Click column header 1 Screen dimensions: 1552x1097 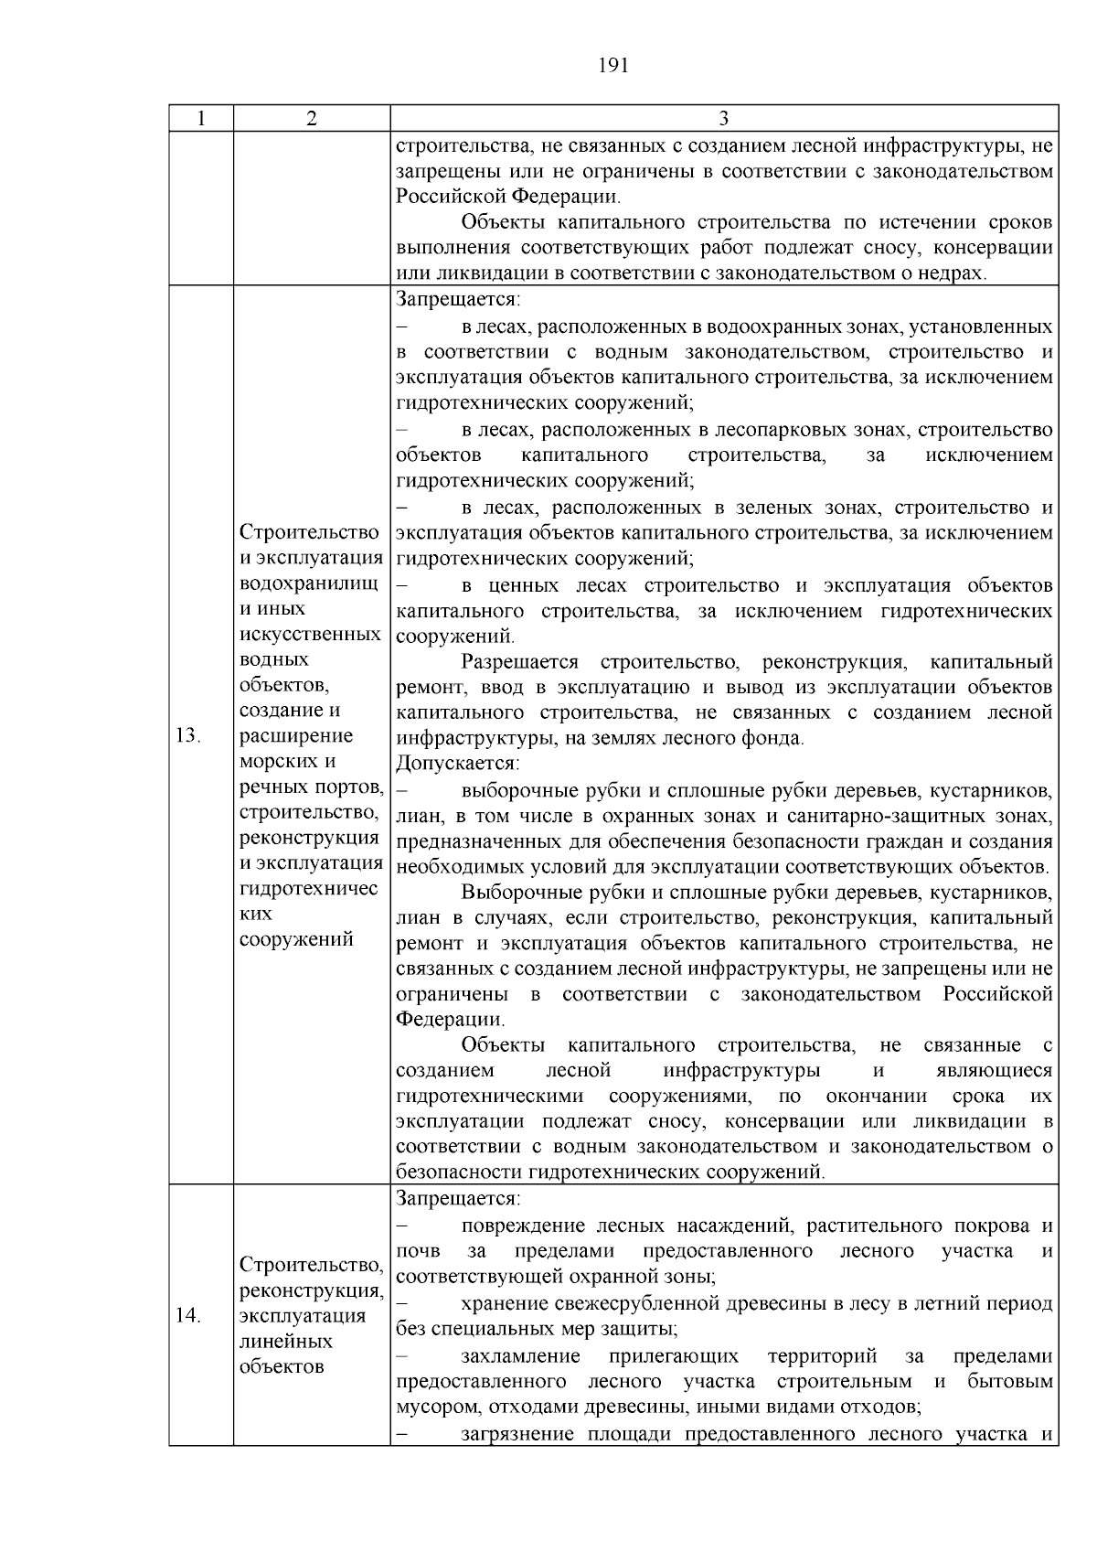click(x=201, y=119)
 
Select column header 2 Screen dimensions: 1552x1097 click(x=312, y=119)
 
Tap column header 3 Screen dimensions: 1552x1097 click(x=723, y=119)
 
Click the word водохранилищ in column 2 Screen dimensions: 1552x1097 click(x=309, y=583)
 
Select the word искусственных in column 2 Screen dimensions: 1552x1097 click(x=309, y=634)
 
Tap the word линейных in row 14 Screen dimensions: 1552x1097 click(x=285, y=1341)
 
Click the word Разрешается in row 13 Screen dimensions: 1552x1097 click(x=520, y=661)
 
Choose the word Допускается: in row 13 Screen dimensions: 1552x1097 click(x=458, y=763)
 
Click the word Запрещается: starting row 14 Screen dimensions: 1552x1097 click(x=458, y=1198)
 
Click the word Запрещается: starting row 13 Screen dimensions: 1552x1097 click(x=458, y=300)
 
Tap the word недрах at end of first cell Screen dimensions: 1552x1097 click(x=956, y=273)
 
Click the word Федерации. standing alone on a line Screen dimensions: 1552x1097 click(x=450, y=1019)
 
